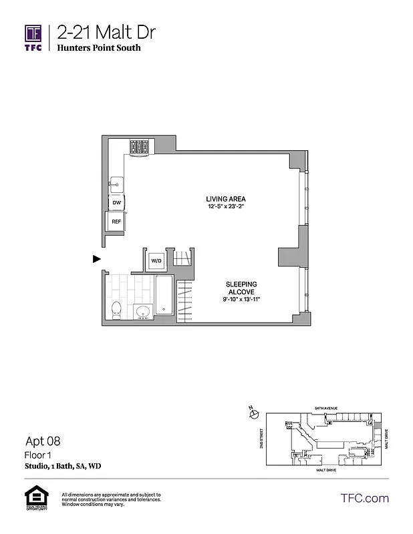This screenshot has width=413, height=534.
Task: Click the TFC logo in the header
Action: [33, 38]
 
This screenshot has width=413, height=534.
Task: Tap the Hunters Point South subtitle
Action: [98, 48]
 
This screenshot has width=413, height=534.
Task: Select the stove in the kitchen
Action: [140, 148]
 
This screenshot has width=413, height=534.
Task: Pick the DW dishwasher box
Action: [116, 202]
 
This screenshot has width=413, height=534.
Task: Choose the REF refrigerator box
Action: [116, 221]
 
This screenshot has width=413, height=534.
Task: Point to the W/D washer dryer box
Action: [156, 260]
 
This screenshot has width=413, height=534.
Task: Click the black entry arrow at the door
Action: [97, 258]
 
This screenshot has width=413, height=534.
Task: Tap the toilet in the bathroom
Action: [116, 309]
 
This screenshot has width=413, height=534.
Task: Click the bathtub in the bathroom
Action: [164, 296]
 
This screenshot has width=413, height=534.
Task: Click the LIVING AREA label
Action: [225, 199]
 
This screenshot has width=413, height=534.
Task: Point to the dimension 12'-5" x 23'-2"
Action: [226, 207]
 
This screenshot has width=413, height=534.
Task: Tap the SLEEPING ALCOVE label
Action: [241, 288]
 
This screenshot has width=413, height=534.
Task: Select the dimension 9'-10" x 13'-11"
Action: [241, 299]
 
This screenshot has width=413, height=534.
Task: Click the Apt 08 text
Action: [43, 441]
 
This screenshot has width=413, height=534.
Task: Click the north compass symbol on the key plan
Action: [253, 413]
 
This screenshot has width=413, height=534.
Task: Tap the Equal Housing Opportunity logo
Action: [35, 497]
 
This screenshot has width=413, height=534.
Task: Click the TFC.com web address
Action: [364, 498]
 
